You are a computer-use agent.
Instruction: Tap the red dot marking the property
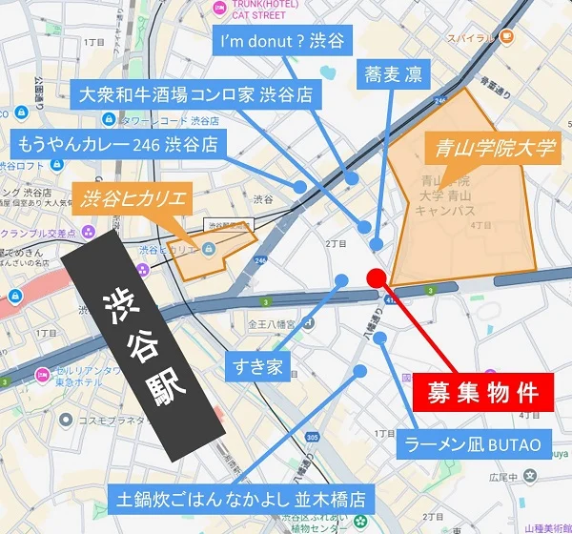click(x=376, y=277)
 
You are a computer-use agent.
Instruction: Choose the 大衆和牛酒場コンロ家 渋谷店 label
click(x=198, y=95)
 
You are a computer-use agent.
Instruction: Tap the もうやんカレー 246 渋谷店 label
click(x=116, y=145)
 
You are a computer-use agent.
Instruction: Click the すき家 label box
click(x=257, y=365)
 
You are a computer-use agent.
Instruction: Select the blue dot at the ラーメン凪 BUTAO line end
click(x=379, y=338)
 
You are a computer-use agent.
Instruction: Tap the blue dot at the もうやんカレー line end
click(x=302, y=186)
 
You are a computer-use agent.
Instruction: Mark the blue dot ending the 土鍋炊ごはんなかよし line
click(x=359, y=371)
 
